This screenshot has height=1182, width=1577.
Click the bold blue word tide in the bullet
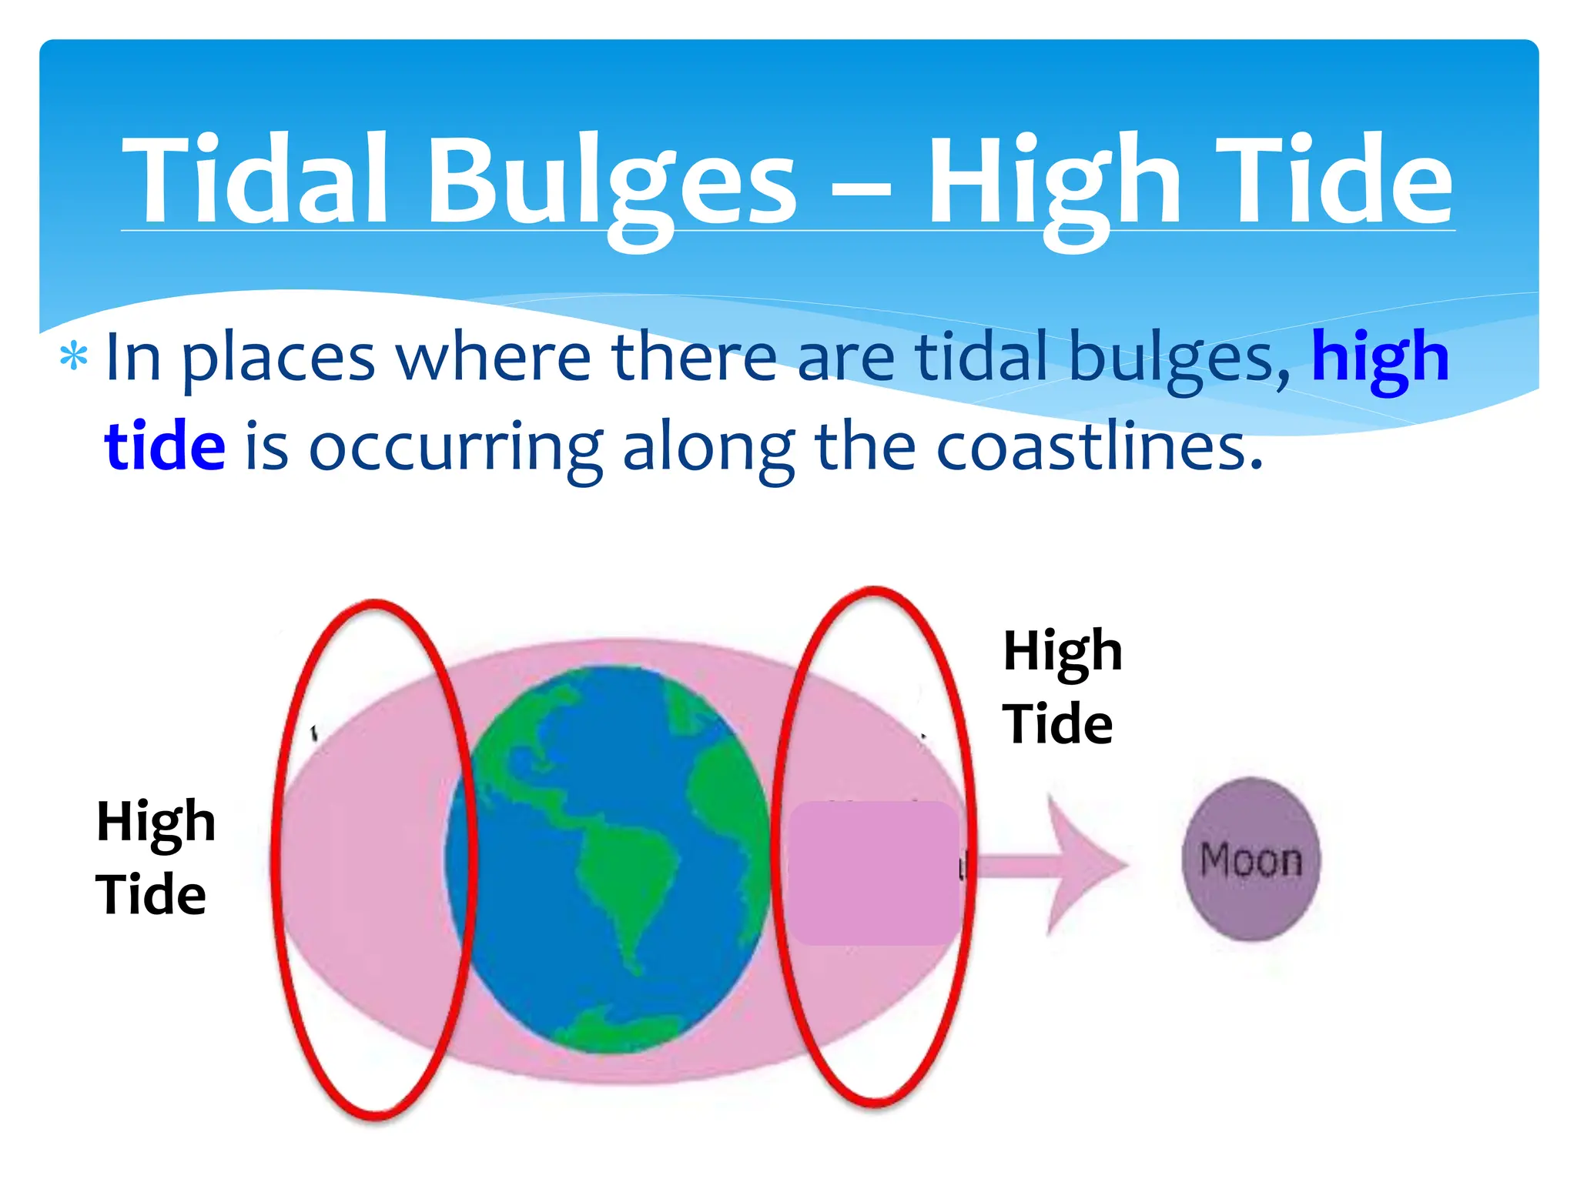165,446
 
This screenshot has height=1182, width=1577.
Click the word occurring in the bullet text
455,449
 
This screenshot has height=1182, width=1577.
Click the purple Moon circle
1251,859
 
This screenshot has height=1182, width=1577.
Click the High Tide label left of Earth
155,857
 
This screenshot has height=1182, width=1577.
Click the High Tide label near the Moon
1062,686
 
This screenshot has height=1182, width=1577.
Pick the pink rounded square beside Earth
873,873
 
